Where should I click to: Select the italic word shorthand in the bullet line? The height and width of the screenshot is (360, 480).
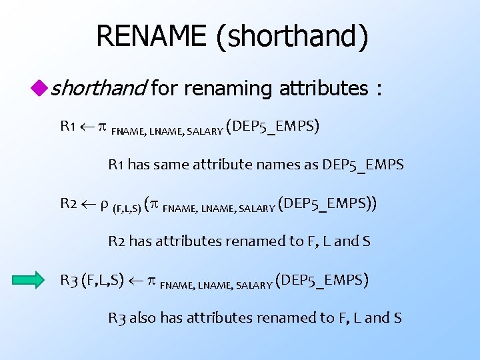99,87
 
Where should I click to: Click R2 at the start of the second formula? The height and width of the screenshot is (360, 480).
69,203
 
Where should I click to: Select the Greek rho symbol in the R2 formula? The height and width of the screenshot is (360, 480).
105,205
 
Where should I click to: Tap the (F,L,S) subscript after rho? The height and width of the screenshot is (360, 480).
126,208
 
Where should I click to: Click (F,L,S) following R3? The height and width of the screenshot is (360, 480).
102,280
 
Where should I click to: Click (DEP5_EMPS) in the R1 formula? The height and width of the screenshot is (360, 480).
273,126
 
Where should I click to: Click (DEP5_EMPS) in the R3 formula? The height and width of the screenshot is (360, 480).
321,280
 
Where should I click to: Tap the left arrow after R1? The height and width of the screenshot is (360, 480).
86,126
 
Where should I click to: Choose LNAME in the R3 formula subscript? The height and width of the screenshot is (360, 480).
211,285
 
